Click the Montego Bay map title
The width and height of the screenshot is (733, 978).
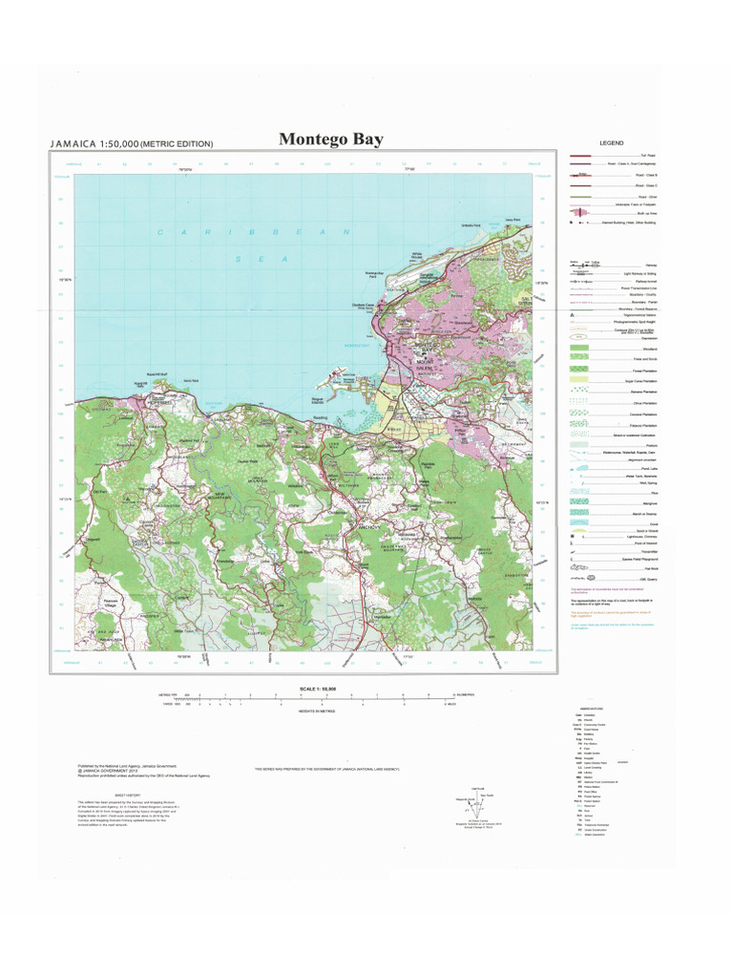click(x=331, y=139)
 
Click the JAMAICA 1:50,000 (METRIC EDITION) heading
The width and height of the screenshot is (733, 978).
click(x=132, y=143)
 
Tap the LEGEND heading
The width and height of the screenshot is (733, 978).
click(x=611, y=143)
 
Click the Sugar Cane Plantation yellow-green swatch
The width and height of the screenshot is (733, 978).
click(x=582, y=380)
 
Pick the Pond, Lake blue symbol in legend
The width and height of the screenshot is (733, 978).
click(x=582, y=471)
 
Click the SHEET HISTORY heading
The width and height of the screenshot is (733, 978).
click(x=127, y=794)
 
